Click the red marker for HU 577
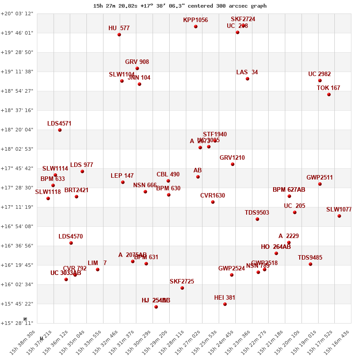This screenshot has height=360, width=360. point(119,35)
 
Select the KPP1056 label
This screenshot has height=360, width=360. point(195,20)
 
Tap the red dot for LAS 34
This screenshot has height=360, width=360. point(247,79)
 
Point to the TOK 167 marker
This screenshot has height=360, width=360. point(329,94)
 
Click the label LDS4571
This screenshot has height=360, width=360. point(59,124)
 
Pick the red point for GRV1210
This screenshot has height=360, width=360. point(233,164)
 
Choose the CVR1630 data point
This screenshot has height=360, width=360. point(213,202)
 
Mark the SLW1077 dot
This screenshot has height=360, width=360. point(339,216)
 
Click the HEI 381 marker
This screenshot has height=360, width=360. point(225,304)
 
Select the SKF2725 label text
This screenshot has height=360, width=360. point(182,282)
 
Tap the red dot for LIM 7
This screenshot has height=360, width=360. point(98,270)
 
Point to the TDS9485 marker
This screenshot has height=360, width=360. point(310,264)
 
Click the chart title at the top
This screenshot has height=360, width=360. point(180,6)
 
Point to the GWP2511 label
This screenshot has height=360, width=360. point(319,178)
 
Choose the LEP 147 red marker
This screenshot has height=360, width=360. point(123,182)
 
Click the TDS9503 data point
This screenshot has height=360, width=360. point(257,219)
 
